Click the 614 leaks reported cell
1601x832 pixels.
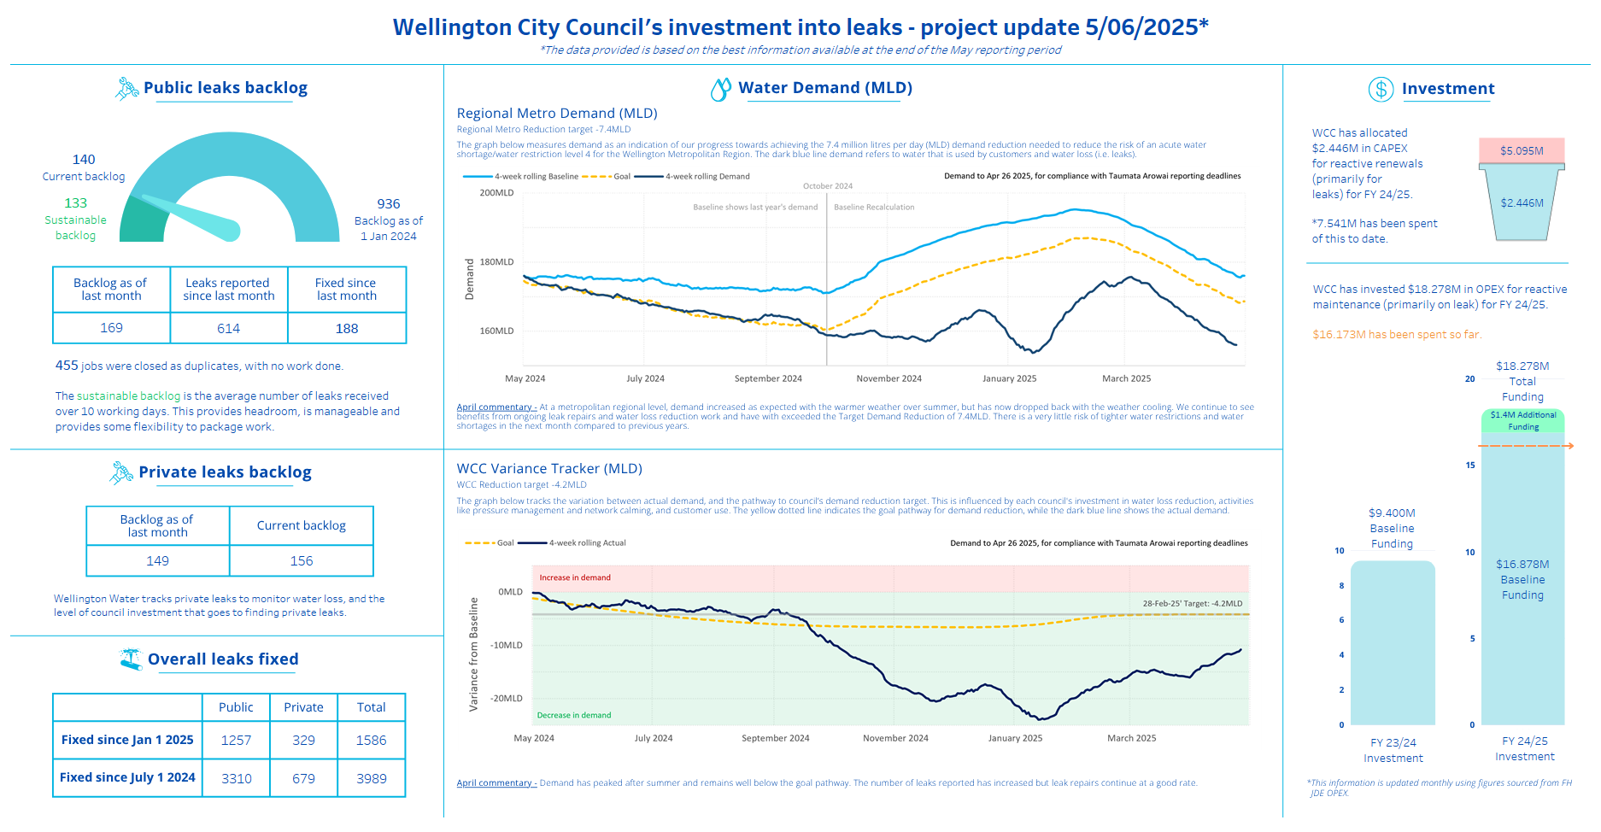[x=229, y=328]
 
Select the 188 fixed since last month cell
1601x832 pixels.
[x=347, y=328]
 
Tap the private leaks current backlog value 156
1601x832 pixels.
[x=302, y=561]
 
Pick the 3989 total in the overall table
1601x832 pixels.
[x=372, y=778]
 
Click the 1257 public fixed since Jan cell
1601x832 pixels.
[x=236, y=740]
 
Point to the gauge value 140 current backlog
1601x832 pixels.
[x=84, y=160]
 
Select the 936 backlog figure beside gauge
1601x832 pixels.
[x=389, y=204]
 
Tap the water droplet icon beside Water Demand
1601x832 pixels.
[x=721, y=89]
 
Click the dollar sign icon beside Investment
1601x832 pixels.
[x=1381, y=89]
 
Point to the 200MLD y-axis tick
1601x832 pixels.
[x=496, y=193]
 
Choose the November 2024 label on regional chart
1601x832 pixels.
[x=888, y=378]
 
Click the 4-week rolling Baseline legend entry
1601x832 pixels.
[x=521, y=177]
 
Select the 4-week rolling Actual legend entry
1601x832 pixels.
[x=572, y=543]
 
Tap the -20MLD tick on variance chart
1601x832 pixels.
[x=506, y=699]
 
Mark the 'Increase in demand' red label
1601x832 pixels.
[x=575, y=578]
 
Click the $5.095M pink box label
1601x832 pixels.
[x=1522, y=151]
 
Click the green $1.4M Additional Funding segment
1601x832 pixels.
[x=1523, y=420]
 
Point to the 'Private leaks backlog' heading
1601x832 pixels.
[x=225, y=472]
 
